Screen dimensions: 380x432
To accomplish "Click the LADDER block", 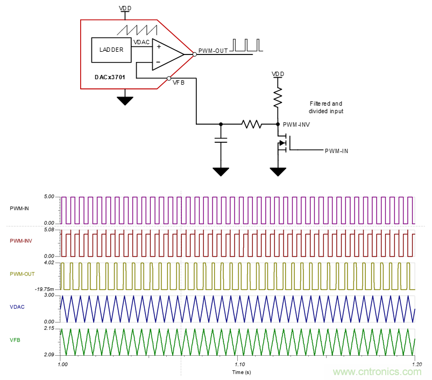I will [x=111, y=50].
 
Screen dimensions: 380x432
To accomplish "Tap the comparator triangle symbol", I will [x=167, y=54].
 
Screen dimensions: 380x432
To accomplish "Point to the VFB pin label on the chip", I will [x=179, y=82].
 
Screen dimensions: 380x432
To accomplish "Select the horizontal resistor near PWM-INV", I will [x=251, y=124].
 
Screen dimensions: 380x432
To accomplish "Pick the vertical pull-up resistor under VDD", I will [x=278, y=98].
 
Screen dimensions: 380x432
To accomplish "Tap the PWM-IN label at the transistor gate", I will [x=336, y=151].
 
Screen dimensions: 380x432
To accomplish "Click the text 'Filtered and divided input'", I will [x=325, y=107].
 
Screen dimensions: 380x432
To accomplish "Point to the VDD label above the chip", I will [x=125, y=9].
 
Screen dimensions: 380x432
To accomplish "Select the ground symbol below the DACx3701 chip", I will [x=125, y=100].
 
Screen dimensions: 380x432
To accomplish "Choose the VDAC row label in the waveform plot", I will [x=17, y=307].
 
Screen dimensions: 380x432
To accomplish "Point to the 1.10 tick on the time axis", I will [x=237, y=364].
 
